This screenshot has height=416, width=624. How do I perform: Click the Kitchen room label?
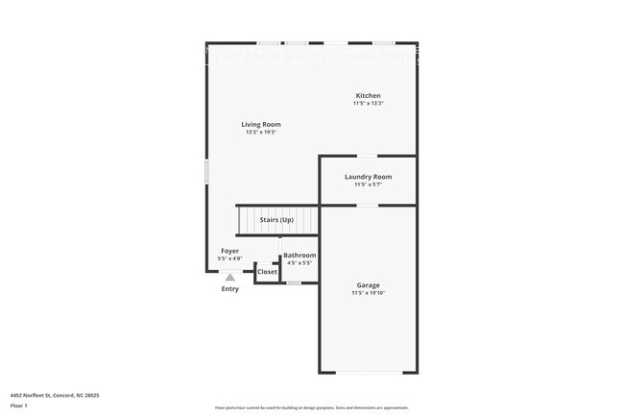click(369, 96)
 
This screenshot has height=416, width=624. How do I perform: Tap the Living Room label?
click(261, 124)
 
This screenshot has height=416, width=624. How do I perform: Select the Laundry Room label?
click(369, 177)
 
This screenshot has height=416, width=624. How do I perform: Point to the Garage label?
click(369, 285)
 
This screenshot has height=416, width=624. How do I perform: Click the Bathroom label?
click(300, 256)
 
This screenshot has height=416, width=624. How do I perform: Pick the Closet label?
click(267, 272)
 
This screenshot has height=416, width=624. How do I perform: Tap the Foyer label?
click(229, 251)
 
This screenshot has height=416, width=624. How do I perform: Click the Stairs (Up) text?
click(276, 220)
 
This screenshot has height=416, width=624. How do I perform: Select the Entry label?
click(230, 289)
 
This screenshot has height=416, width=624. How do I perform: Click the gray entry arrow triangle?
click(229, 278)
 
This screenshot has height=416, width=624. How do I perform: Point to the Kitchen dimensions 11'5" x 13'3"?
click(369, 104)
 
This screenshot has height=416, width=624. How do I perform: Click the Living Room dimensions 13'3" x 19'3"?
click(261, 133)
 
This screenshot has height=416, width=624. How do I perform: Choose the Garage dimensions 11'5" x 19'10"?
click(369, 293)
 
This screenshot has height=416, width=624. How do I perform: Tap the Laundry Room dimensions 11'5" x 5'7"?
click(369, 184)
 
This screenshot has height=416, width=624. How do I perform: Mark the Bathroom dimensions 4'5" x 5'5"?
click(300, 263)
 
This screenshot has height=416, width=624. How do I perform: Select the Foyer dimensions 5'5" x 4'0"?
click(229, 258)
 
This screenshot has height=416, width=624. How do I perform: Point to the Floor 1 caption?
click(20, 406)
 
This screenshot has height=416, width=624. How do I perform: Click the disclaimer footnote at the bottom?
click(312, 407)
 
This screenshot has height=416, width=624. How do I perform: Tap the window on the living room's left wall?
click(206, 171)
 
